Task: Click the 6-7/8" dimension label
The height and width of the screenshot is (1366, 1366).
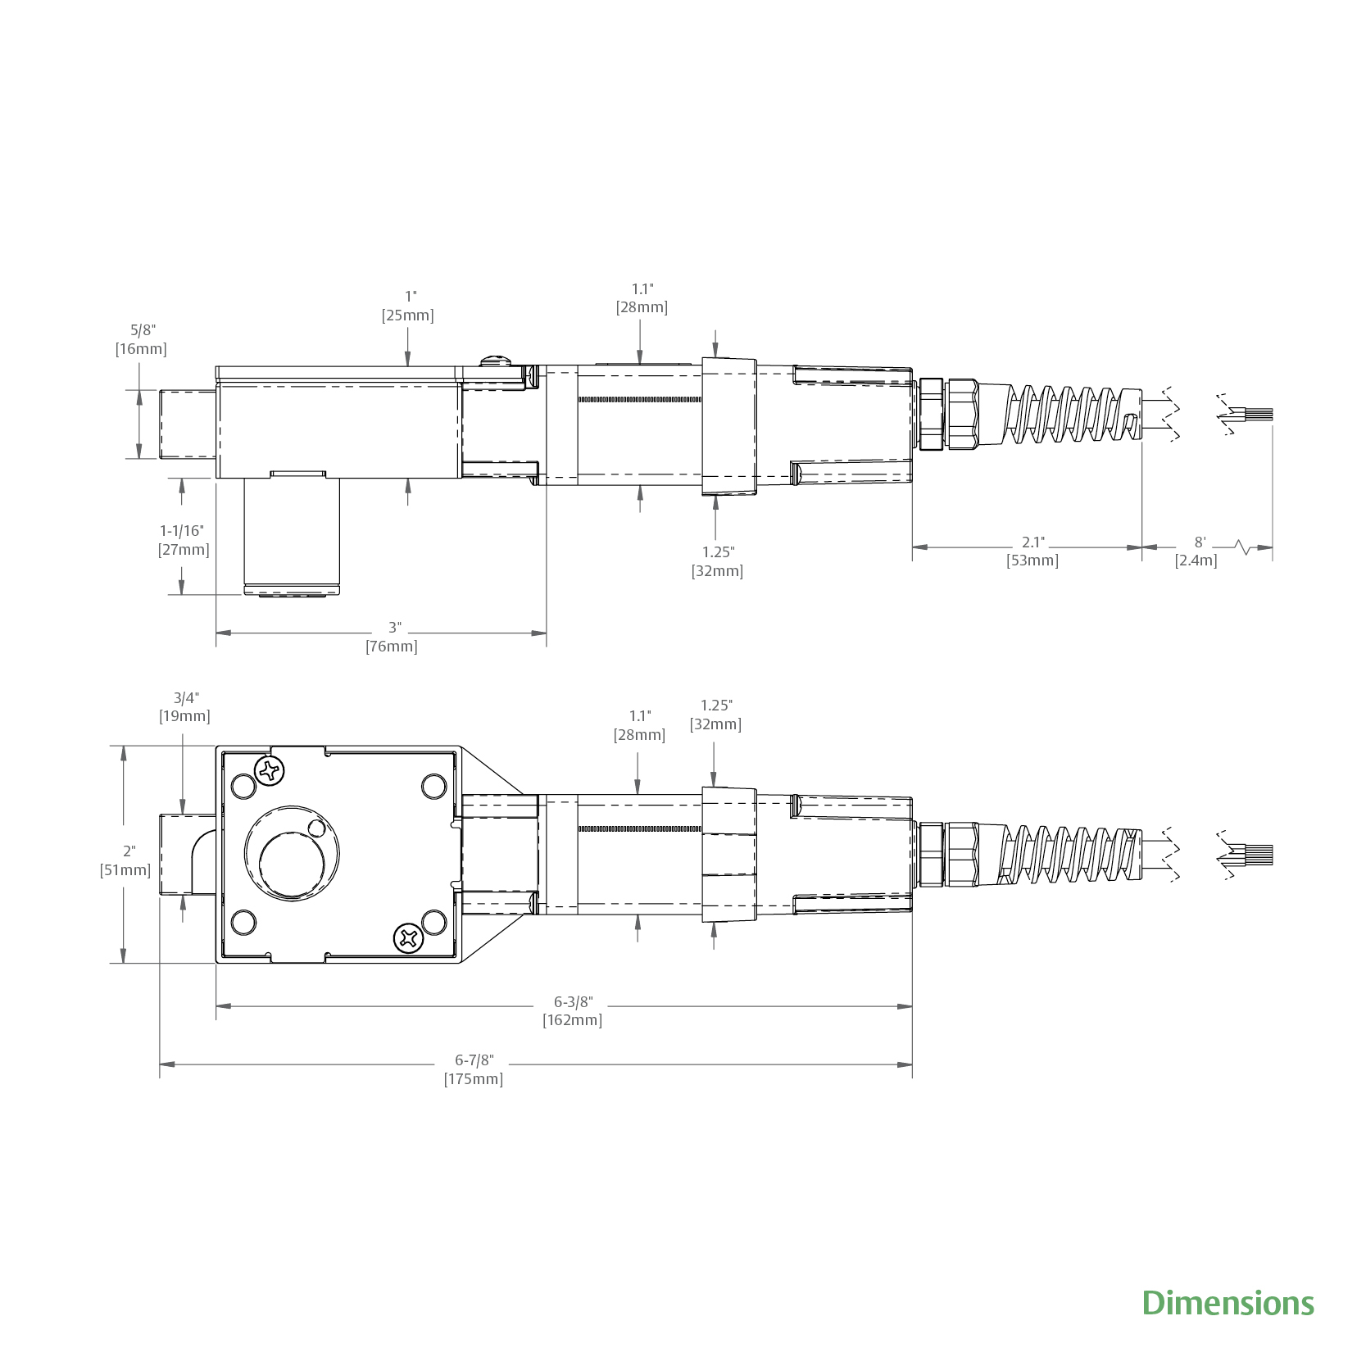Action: [474, 1060]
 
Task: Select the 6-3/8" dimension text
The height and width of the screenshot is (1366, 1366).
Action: [573, 1001]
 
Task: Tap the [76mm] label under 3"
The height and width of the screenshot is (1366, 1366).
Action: [392, 647]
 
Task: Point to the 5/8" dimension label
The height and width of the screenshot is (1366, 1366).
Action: [143, 330]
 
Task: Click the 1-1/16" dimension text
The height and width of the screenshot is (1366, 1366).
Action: [182, 531]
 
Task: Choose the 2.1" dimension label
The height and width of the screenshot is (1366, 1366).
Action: [1032, 542]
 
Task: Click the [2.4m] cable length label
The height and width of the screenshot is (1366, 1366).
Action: [1196, 560]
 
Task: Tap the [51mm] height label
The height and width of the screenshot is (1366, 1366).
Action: [125, 870]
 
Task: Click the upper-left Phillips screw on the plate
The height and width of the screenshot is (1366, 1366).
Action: [270, 770]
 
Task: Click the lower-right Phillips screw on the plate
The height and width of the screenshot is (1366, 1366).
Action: [409, 937]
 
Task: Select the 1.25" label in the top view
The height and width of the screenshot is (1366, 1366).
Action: [718, 551]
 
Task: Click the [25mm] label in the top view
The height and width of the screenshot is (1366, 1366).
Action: [407, 315]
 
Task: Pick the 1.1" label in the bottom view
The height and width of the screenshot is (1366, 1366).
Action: [640, 716]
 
